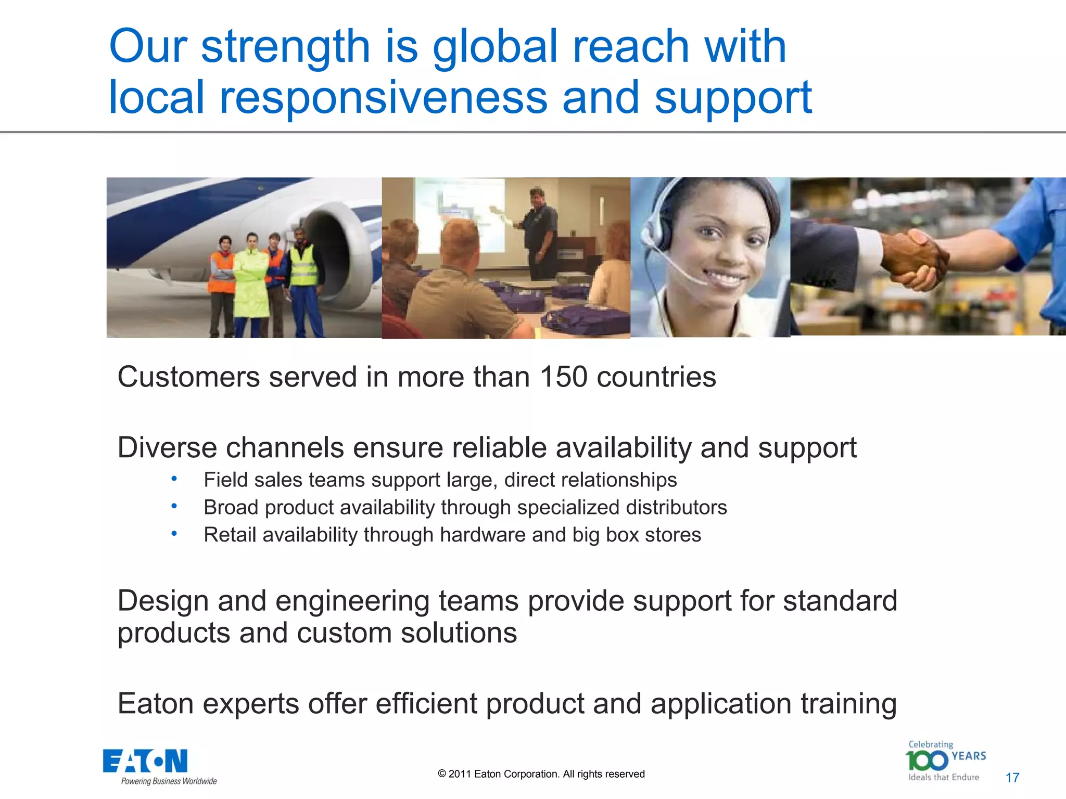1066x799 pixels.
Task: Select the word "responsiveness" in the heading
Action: click(383, 98)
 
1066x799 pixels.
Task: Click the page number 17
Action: click(1012, 778)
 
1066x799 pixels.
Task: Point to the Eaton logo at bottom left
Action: click(145, 762)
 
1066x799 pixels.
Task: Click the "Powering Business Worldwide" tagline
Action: click(169, 781)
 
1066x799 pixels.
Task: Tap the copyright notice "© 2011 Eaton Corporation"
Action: click(541, 774)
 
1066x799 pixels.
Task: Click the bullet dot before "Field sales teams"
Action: click(174, 478)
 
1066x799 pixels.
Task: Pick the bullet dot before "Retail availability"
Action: click(174, 533)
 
